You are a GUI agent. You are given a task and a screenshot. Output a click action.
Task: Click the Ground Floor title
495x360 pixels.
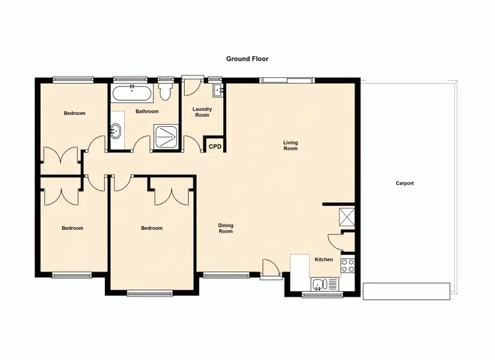point(247,59)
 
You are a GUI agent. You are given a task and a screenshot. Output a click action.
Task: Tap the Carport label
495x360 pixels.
point(405,183)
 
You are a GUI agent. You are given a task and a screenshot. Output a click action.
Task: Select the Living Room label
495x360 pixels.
point(290,145)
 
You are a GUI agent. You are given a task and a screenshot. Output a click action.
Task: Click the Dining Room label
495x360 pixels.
point(226,229)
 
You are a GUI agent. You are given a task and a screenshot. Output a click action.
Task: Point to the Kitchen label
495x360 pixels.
point(323,260)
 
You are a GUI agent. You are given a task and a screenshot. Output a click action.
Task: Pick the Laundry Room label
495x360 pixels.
point(202,112)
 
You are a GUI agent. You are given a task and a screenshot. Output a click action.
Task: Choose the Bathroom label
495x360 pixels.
point(147,112)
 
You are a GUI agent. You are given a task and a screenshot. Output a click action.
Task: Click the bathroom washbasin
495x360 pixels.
point(117,131)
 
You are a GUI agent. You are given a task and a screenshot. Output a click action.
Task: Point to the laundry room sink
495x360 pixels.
point(218,89)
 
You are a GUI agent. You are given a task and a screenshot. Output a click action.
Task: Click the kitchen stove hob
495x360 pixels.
point(348,266)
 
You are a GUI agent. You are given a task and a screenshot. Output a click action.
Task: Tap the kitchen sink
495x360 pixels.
point(319,285)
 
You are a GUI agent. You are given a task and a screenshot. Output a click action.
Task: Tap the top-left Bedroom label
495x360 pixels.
point(75,114)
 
